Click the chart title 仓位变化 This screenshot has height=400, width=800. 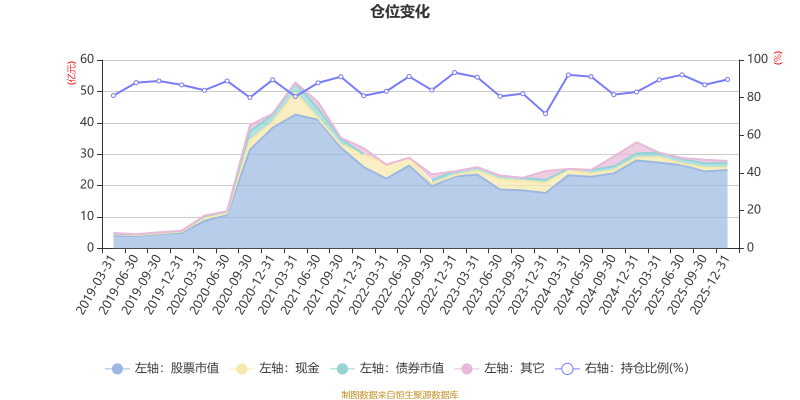tap(400, 11)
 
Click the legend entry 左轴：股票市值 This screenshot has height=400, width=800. tap(162, 368)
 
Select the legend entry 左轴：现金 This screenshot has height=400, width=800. tap(274, 368)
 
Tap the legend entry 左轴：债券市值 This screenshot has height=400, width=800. tap(387, 368)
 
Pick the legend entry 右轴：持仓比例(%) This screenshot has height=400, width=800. tap(622, 368)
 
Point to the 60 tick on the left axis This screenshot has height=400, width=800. tap(87, 59)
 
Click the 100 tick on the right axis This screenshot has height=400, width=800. tap(757, 59)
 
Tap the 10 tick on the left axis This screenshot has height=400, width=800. tap(87, 216)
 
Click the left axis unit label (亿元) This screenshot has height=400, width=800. tap(71, 73)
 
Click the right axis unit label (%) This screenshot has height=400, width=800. tap(778, 58)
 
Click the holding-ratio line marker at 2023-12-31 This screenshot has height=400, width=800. tap(545, 114)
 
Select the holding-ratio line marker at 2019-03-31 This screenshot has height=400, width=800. tap(113, 95)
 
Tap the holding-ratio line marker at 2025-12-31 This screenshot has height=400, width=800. tap(727, 79)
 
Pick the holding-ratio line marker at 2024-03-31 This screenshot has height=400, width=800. tap(568, 74)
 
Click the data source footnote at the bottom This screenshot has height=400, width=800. tap(400, 395)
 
